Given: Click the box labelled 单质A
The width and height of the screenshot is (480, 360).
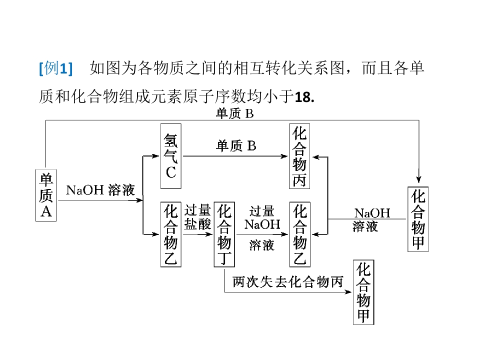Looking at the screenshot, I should [x=46, y=195].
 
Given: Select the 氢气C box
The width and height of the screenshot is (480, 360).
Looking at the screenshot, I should [x=171, y=155].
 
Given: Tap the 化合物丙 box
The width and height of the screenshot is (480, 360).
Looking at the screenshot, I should [x=299, y=155].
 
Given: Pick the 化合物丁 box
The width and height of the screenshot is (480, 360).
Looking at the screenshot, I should [x=225, y=234].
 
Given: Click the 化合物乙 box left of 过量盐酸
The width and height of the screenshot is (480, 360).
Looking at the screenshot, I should [x=171, y=234].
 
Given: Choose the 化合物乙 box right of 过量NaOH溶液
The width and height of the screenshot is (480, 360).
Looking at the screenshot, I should [x=299, y=234].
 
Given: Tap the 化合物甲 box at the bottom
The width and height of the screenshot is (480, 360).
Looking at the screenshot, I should [x=363, y=292].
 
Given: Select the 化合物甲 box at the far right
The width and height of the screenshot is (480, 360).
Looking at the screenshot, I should [x=418, y=219].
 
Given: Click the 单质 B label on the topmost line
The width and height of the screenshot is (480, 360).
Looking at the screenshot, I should [x=235, y=113].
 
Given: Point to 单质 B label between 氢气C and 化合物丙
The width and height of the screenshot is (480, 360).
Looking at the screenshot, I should [x=236, y=145].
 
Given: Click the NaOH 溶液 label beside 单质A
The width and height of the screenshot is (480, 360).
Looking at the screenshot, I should [x=100, y=190].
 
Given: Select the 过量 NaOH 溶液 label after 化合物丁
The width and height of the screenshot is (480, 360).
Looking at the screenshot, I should [x=262, y=227].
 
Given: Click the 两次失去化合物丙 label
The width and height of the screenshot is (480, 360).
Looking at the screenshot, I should [x=288, y=282].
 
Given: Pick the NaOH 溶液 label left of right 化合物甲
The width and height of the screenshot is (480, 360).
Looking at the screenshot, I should [x=372, y=219].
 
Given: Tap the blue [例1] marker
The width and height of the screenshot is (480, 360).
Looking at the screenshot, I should [x=55, y=68].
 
